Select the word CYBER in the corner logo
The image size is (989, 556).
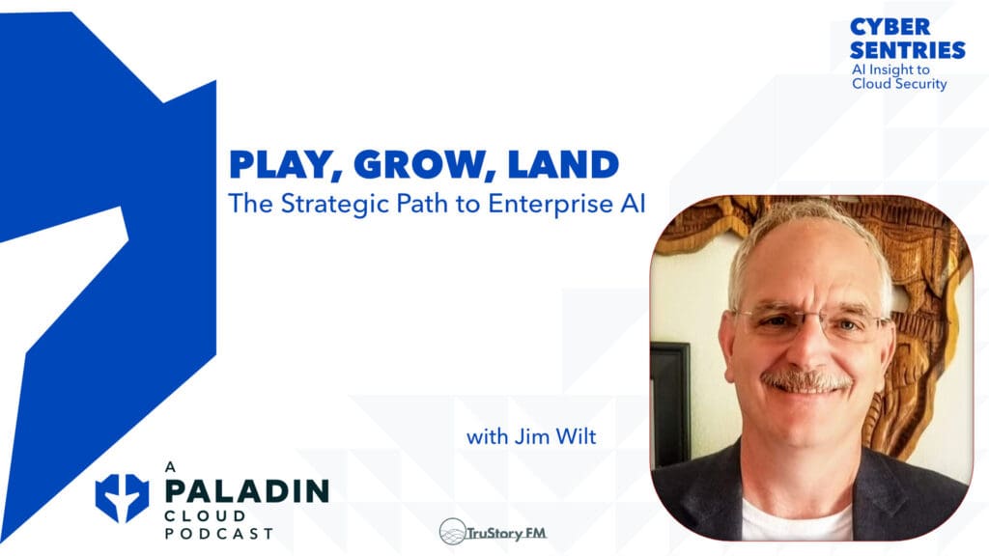coord(890,27)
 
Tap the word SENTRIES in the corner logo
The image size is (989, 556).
coord(907,50)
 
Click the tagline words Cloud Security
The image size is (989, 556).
coord(899,84)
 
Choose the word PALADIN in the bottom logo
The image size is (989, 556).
coord(246,490)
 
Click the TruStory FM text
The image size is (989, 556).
coord(501,532)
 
